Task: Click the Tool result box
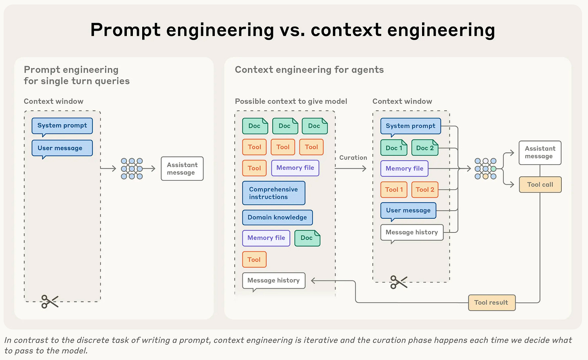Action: (x=492, y=303)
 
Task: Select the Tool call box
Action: (x=540, y=184)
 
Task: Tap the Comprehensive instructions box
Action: (x=274, y=193)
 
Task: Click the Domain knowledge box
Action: (x=277, y=217)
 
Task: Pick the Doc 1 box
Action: (x=394, y=148)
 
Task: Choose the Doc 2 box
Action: (x=425, y=148)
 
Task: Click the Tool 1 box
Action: (x=394, y=189)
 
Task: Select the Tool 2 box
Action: (x=425, y=189)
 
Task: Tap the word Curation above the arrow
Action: (x=353, y=157)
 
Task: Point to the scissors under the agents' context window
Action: (x=399, y=282)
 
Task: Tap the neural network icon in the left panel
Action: (x=132, y=168)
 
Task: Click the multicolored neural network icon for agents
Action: (x=485, y=168)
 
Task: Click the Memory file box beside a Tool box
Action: (x=295, y=168)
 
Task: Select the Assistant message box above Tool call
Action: (x=540, y=153)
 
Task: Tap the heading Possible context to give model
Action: (x=291, y=101)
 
